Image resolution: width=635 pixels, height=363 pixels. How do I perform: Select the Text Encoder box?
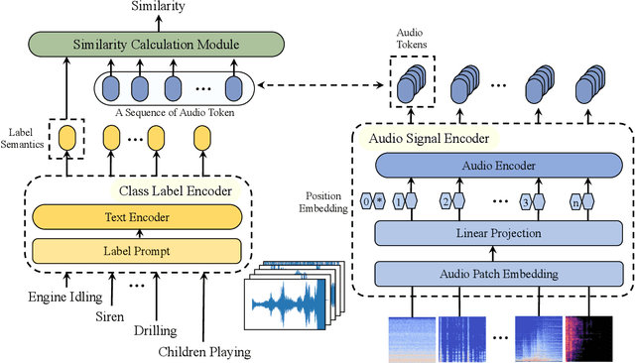pyautogui.click(x=137, y=217)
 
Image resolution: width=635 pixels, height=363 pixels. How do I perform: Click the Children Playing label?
pyautogui.click(x=205, y=350)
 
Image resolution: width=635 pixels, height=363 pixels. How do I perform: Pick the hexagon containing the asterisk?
pyautogui.click(x=381, y=201)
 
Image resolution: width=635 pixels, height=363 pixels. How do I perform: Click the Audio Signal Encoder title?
pyautogui.click(x=434, y=139)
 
